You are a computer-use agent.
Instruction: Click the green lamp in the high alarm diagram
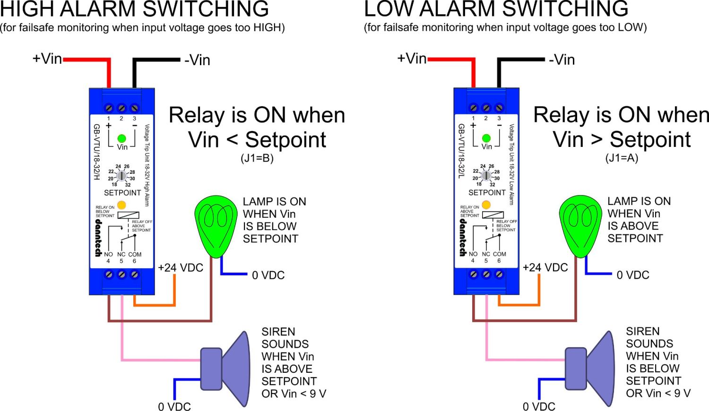pyautogui.click(x=216, y=224)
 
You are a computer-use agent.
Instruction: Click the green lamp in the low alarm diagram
pyautogui.click(x=580, y=224)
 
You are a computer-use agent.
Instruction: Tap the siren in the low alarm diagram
pyautogui.click(x=591, y=368)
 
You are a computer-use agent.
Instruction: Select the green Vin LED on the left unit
pyautogui.click(x=121, y=138)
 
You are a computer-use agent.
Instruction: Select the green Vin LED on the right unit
pyautogui.click(x=486, y=138)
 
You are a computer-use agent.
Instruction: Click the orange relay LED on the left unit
pyautogui.click(x=121, y=205)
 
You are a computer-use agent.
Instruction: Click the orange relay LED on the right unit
pyautogui.click(x=486, y=205)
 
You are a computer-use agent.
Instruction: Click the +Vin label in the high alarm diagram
pyautogui.click(x=47, y=59)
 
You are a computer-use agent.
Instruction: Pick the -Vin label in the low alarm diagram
pyautogui.click(x=562, y=60)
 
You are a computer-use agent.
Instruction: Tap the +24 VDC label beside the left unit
pyautogui.click(x=181, y=268)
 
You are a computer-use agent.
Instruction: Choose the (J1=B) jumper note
pyautogui.click(x=257, y=158)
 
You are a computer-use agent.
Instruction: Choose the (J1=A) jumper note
pyautogui.click(x=622, y=158)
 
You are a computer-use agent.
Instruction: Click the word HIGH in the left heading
pyautogui.click(x=33, y=9)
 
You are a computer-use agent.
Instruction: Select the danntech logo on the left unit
pyautogui.click(x=98, y=238)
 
